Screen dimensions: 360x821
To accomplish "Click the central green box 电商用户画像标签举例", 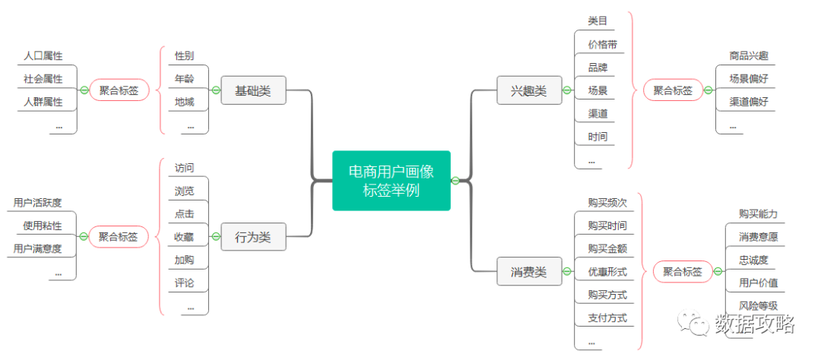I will [391, 181].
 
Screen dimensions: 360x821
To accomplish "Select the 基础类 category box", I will [253, 90].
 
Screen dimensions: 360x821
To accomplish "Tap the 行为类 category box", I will [253, 237].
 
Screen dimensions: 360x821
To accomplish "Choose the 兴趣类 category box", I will [528, 90].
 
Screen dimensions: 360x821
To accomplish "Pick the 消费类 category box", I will [528, 271].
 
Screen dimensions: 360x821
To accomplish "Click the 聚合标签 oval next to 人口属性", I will [119, 90].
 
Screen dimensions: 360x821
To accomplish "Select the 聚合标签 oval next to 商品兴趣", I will [673, 90].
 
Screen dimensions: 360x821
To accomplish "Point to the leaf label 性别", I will [184, 56].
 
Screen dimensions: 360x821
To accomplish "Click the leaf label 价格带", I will [601, 44].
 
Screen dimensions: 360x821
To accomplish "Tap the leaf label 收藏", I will [184, 237].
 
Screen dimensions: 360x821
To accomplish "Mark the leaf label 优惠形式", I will [607, 271].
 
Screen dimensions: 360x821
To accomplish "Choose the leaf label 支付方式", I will [607, 317].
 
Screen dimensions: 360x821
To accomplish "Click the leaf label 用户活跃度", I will [38, 203].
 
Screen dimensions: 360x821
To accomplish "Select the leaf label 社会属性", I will [43, 79].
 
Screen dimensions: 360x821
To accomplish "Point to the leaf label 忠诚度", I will [753, 260].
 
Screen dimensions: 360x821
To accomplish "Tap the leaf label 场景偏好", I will [749, 78].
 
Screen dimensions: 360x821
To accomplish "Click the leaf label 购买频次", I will [607, 203].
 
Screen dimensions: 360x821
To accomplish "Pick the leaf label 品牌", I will [598, 67].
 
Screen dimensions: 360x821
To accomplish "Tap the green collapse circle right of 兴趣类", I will [566, 90].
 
